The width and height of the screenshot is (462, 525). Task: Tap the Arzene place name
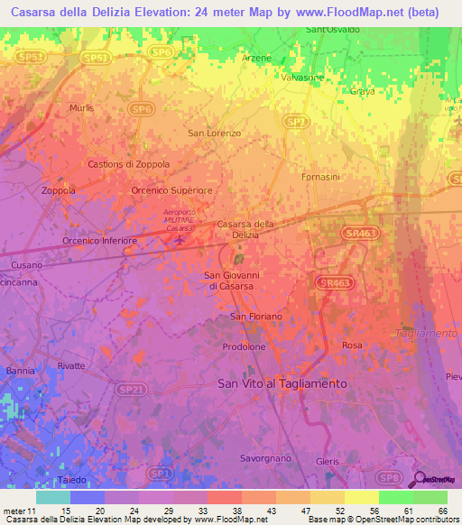tap(256, 57)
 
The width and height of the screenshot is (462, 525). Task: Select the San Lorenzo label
tap(214, 134)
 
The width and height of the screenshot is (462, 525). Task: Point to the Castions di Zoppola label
tap(129, 164)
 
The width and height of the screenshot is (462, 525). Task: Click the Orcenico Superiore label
tap(171, 191)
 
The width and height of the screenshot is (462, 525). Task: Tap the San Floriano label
tap(256, 317)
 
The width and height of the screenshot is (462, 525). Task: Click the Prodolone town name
tap(244, 346)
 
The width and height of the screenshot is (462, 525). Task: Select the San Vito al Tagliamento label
tap(282, 383)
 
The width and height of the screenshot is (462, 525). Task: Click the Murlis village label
tap(81, 108)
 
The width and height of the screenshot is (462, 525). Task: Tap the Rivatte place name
tap(70, 365)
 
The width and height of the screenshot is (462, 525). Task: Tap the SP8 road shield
tap(388, 476)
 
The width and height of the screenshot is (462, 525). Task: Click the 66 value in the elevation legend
tap(442, 511)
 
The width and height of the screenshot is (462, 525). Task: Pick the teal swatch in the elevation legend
tap(52, 497)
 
